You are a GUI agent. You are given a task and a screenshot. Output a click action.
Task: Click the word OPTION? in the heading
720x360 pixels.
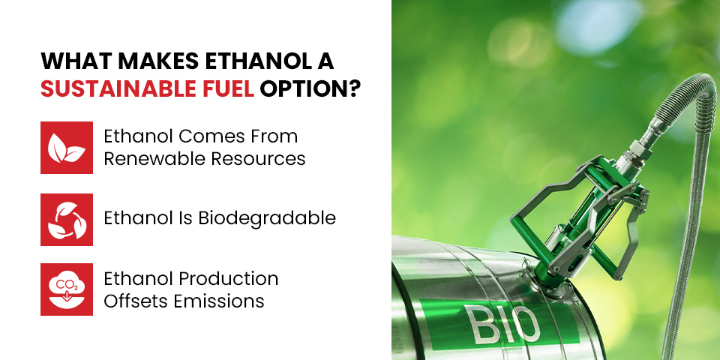tap(310, 88)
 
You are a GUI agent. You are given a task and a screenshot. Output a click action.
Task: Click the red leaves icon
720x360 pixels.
tap(67, 148)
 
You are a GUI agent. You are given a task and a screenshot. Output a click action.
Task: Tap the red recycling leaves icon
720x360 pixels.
tap(67, 219)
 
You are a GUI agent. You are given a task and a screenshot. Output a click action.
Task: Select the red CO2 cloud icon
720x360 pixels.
tap(67, 289)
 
